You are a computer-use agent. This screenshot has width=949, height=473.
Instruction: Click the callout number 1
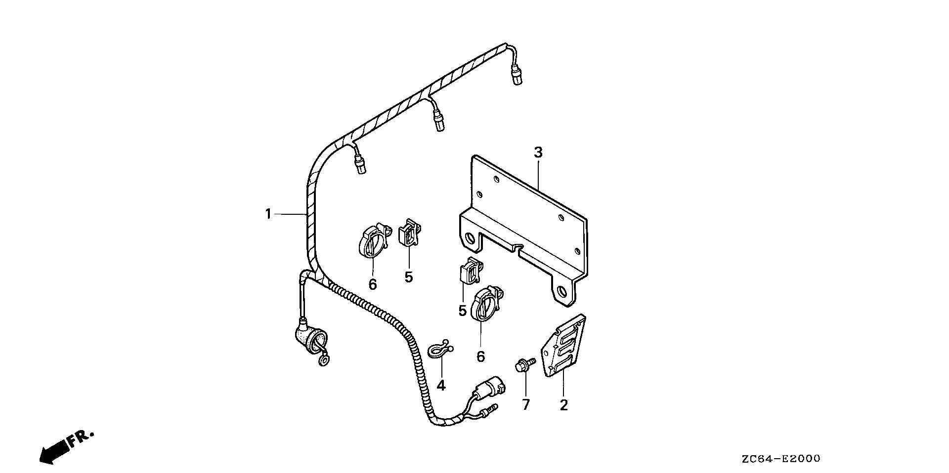pos(268,214)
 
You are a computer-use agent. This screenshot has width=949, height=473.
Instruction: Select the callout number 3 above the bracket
pos(538,153)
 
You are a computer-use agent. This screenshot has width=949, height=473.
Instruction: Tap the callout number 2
pos(563,405)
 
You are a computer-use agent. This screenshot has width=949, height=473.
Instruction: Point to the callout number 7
pos(525,405)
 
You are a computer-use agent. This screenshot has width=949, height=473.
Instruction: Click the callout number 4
pos(441,386)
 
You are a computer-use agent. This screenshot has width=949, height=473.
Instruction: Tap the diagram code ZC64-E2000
pos(780,459)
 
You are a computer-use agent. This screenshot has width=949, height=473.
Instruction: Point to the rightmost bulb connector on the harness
pos(517,77)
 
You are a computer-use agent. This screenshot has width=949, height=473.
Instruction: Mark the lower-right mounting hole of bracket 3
pos(561,291)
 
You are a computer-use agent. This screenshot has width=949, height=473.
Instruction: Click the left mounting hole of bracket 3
pos(470,239)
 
